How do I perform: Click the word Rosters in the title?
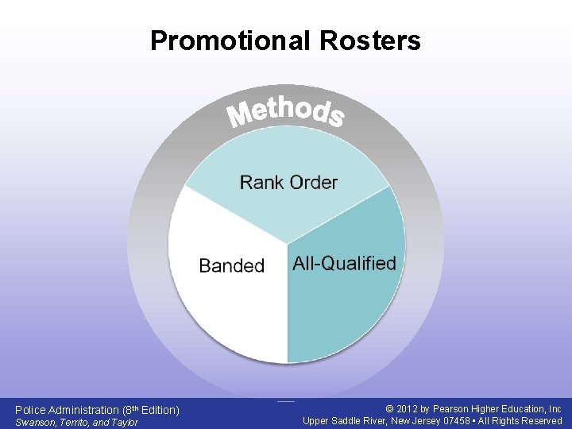pyautogui.click(x=372, y=41)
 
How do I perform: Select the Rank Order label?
pyautogui.click(x=288, y=183)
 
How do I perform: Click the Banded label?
pyautogui.click(x=231, y=265)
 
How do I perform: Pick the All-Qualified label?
pyautogui.click(x=344, y=263)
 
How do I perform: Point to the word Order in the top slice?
pyautogui.click(x=314, y=183)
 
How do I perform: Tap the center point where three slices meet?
pyautogui.click(x=287, y=244)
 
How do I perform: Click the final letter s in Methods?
pyautogui.click(x=336, y=118)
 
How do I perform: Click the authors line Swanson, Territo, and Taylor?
pyautogui.click(x=77, y=422)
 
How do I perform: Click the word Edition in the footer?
pyautogui.click(x=158, y=410)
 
